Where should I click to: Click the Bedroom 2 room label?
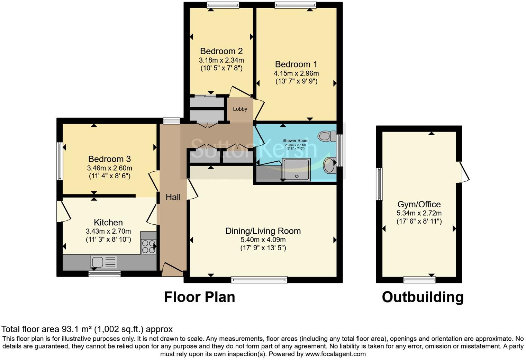click(x=221, y=51)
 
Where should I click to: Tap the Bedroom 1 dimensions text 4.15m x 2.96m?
click(x=296, y=73)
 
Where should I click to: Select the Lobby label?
click(x=240, y=109)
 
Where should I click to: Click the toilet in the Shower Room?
click(x=326, y=136)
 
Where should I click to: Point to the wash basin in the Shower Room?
click(x=330, y=165)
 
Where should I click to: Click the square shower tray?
click(x=297, y=169)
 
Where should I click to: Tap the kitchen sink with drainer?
click(x=104, y=262)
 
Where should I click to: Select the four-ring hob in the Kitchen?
click(x=148, y=246)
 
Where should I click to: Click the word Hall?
click(x=173, y=197)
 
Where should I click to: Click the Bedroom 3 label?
click(x=109, y=159)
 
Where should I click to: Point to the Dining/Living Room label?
click(x=263, y=231)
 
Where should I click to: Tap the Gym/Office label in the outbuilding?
click(x=419, y=204)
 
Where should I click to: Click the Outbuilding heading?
click(x=423, y=297)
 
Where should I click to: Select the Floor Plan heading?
click(x=199, y=297)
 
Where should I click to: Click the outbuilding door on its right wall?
click(x=464, y=172)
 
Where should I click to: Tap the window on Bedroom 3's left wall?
click(x=60, y=161)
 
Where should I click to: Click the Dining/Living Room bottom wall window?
click(x=259, y=280)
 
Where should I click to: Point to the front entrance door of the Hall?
click(x=172, y=269)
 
